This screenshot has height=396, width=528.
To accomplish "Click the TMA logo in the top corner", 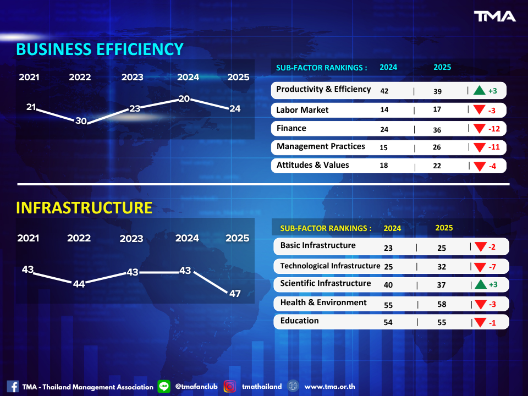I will [x=495, y=16].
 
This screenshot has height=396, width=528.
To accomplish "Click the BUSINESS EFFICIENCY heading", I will [x=100, y=49].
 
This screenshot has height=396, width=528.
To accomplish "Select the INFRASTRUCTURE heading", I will [x=84, y=207].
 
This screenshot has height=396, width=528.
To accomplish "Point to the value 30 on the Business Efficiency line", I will [x=81, y=121].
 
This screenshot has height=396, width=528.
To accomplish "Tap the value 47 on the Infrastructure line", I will [x=235, y=294].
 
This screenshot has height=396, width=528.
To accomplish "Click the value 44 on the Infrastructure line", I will [x=79, y=284].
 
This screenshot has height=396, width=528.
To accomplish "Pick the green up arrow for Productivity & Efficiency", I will [x=479, y=91].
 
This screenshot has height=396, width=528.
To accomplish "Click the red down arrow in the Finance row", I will [x=479, y=129].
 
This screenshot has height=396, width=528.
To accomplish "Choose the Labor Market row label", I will [x=302, y=110].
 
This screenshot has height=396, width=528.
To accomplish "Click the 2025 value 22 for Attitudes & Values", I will [x=437, y=166].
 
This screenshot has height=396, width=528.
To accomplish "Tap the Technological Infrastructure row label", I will [x=330, y=266].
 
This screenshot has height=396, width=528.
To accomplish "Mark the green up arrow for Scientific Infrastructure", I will [x=479, y=284].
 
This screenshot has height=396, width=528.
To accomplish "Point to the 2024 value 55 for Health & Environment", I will [x=388, y=304].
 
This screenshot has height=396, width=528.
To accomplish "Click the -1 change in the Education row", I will [x=492, y=323].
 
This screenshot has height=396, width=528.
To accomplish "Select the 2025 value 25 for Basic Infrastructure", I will [x=442, y=248].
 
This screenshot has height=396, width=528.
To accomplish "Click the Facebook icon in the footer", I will [x=13, y=387].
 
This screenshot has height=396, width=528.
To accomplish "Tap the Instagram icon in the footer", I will [x=230, y=387].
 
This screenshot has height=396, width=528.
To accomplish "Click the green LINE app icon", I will [x=164, y=387].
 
